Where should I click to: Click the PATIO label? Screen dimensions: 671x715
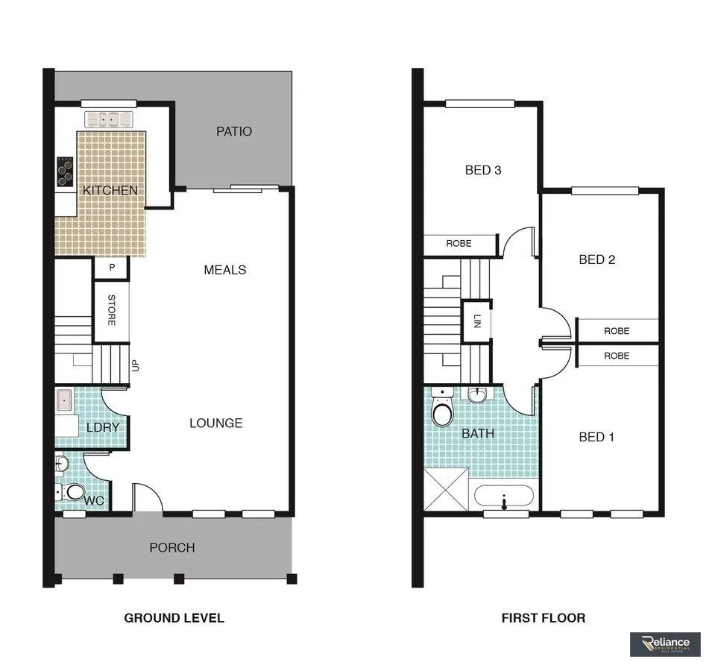(x=234, y=131)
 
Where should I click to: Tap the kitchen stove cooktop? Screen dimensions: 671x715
(x=65, y=171)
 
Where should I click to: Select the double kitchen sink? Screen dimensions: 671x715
(x=108, y=119)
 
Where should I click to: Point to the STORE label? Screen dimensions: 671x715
(x=111, y=311)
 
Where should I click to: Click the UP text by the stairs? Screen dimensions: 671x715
(x=136, y=366)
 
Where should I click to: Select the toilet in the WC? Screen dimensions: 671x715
(x=75, y=492)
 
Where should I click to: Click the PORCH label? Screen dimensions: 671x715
(x=172, y=547)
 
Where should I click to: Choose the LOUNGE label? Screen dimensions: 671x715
(x=215, y=423)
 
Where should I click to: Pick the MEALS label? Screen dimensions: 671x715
(x=224, y=270)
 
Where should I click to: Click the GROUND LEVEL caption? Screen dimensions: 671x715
(x=174, y=617)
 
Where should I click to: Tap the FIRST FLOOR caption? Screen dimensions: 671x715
(x=543, y=617)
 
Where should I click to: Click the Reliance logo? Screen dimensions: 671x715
(x=664, y=644)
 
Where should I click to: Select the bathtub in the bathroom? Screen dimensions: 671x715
(x=504, y=497)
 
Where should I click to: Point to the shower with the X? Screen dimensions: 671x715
(x=446, y=490)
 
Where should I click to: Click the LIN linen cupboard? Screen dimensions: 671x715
(x=476, y=321)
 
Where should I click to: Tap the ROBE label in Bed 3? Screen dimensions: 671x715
(x=459, y=244)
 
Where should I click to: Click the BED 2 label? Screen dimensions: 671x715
(x=596, y=259)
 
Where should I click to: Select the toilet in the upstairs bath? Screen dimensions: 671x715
(x=442, y=410)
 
